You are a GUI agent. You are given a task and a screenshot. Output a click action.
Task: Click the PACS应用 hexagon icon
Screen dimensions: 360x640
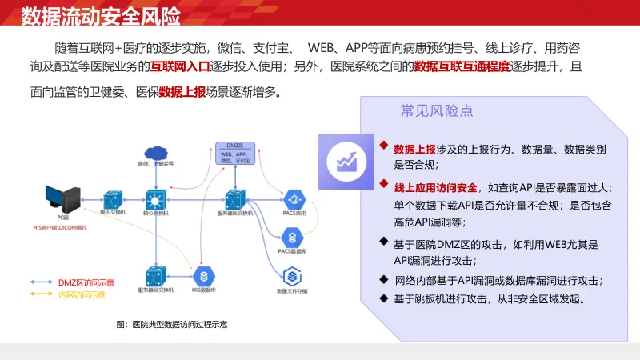pos(294,198)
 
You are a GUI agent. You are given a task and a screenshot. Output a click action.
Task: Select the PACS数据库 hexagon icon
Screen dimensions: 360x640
pos(293,236)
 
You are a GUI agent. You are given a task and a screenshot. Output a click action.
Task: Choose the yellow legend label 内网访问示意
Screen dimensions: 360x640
pos(82,295)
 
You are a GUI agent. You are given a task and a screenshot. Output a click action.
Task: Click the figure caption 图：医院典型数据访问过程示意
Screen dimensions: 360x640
pos(172,325)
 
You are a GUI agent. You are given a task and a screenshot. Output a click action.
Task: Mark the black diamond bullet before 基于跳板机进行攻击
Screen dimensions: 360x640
pos(382,299)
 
